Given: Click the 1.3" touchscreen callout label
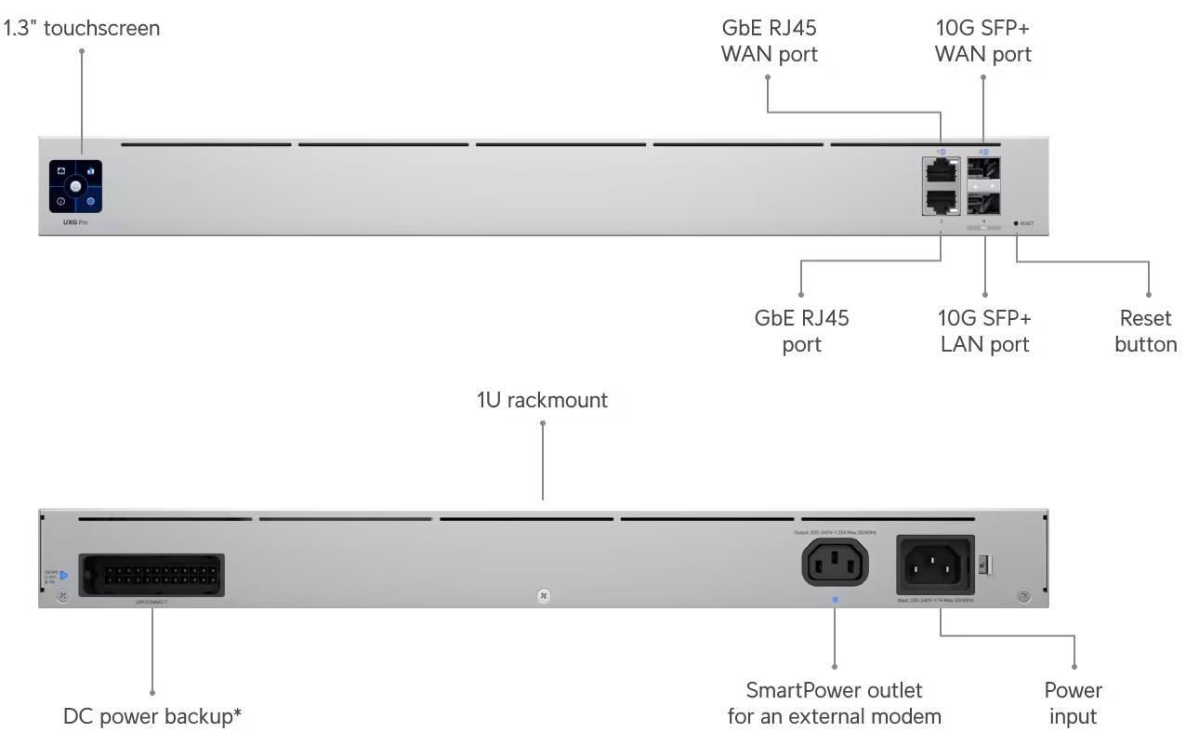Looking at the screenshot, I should (x=81, y=28).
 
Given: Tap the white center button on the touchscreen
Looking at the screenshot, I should (x=75, y=186).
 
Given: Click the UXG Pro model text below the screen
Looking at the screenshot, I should (x=63, y=222).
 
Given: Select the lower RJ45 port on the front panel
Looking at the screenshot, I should (x=941, y=200).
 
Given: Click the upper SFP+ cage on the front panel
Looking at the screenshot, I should (x=983, y=171).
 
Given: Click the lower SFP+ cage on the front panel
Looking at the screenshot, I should (x=983, y=202).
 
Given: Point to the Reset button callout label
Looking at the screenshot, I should (x=1145, y=331).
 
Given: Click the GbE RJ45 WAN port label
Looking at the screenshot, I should (x=769, y=41).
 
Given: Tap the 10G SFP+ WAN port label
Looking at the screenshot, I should (x=982, y=41).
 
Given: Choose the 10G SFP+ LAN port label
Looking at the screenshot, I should (x=984, y=331).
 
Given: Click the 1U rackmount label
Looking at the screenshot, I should (x=542, y=400).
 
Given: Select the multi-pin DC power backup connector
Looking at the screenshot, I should (x=152, y=575).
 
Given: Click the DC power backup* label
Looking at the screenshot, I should (x=152, y=716).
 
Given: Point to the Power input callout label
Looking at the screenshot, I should (x=1073, y=703).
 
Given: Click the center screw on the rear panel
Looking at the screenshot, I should (x=544, y=595).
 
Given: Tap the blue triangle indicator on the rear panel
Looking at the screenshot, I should (x=64, y=576).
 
